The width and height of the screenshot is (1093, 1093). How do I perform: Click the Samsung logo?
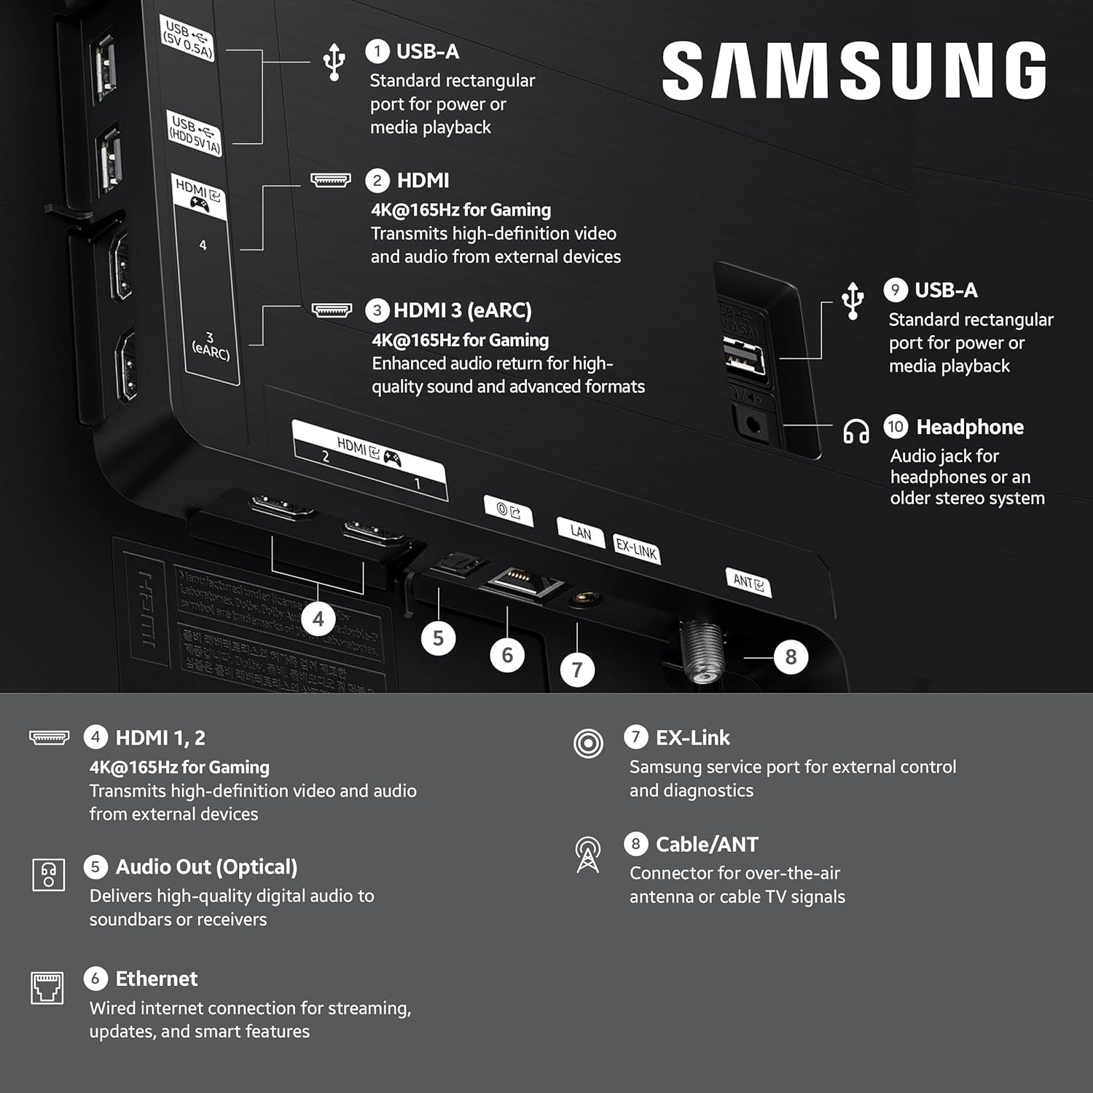(x=853, y=70)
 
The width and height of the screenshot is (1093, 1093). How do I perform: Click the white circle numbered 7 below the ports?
(x=577, y=670)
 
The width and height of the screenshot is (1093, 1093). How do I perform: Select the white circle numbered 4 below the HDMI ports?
(x=318, y=619)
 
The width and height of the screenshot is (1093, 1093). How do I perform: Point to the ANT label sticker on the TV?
(x=748, y=582)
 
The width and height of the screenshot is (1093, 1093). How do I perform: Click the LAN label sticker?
(x=581, y=533)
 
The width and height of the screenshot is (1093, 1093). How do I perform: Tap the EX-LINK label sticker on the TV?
(x=636, y=549)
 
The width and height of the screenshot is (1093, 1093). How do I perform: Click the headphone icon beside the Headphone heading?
(x=855, y=431)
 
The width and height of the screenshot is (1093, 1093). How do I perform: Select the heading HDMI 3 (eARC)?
(x=462, y=310)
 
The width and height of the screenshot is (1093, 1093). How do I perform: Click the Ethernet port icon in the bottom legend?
(x=47, y=987)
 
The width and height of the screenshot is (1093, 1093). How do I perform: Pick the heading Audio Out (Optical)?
(x=206, y=867)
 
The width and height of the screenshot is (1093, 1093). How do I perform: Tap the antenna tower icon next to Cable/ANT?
(x=588, y=854)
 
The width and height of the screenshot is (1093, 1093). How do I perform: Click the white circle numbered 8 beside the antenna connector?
(x=791, y=657)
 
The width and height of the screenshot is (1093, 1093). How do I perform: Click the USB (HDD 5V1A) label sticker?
(x=195, y=133)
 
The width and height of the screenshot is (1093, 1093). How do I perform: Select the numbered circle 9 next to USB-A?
(x=895, y=290)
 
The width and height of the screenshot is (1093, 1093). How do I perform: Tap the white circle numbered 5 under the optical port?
(x=438, y=638)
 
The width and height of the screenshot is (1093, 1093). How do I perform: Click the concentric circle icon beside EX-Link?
(x=588, y=743)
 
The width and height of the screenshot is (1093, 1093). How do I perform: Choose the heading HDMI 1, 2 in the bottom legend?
(x=160, y=738)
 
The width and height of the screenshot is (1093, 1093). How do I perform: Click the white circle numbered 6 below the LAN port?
(x=507, y=655)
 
